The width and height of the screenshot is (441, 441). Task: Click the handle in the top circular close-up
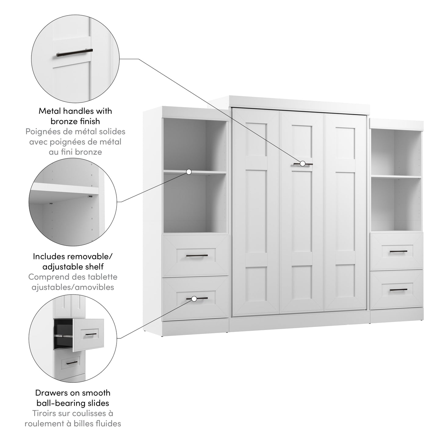click(x=74, y=52)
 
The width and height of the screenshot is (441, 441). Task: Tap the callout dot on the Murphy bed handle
click(x=302, y=164)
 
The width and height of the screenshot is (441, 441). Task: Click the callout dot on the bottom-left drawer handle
click(x=194, y=299)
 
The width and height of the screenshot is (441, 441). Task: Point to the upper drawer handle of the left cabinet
click(x=197, y=256)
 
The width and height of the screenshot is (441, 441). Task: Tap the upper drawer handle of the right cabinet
click(x=399, y=251)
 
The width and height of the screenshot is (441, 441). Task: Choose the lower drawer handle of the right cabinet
click(x=399, y=290)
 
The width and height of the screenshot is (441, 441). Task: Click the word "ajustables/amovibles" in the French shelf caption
click(x=73, y=287)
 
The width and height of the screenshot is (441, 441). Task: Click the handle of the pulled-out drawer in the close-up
click(x=91, y=335)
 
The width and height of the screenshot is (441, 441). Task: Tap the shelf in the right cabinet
click(x=396, y=177)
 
